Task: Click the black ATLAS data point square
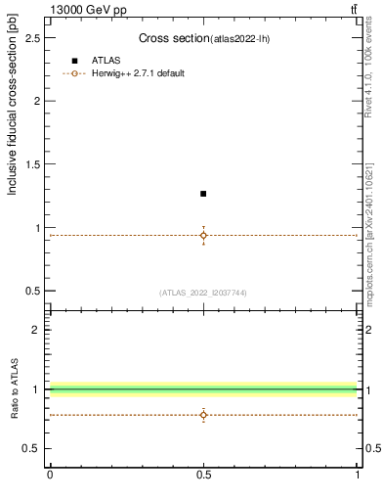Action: coord(203,194)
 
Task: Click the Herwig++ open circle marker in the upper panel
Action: coord(203,235)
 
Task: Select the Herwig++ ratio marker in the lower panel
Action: coord(203,415)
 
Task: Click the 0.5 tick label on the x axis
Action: coord(203,475)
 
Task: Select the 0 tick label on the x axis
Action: coord(50,475)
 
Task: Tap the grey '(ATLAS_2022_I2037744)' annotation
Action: coord(203,293)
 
